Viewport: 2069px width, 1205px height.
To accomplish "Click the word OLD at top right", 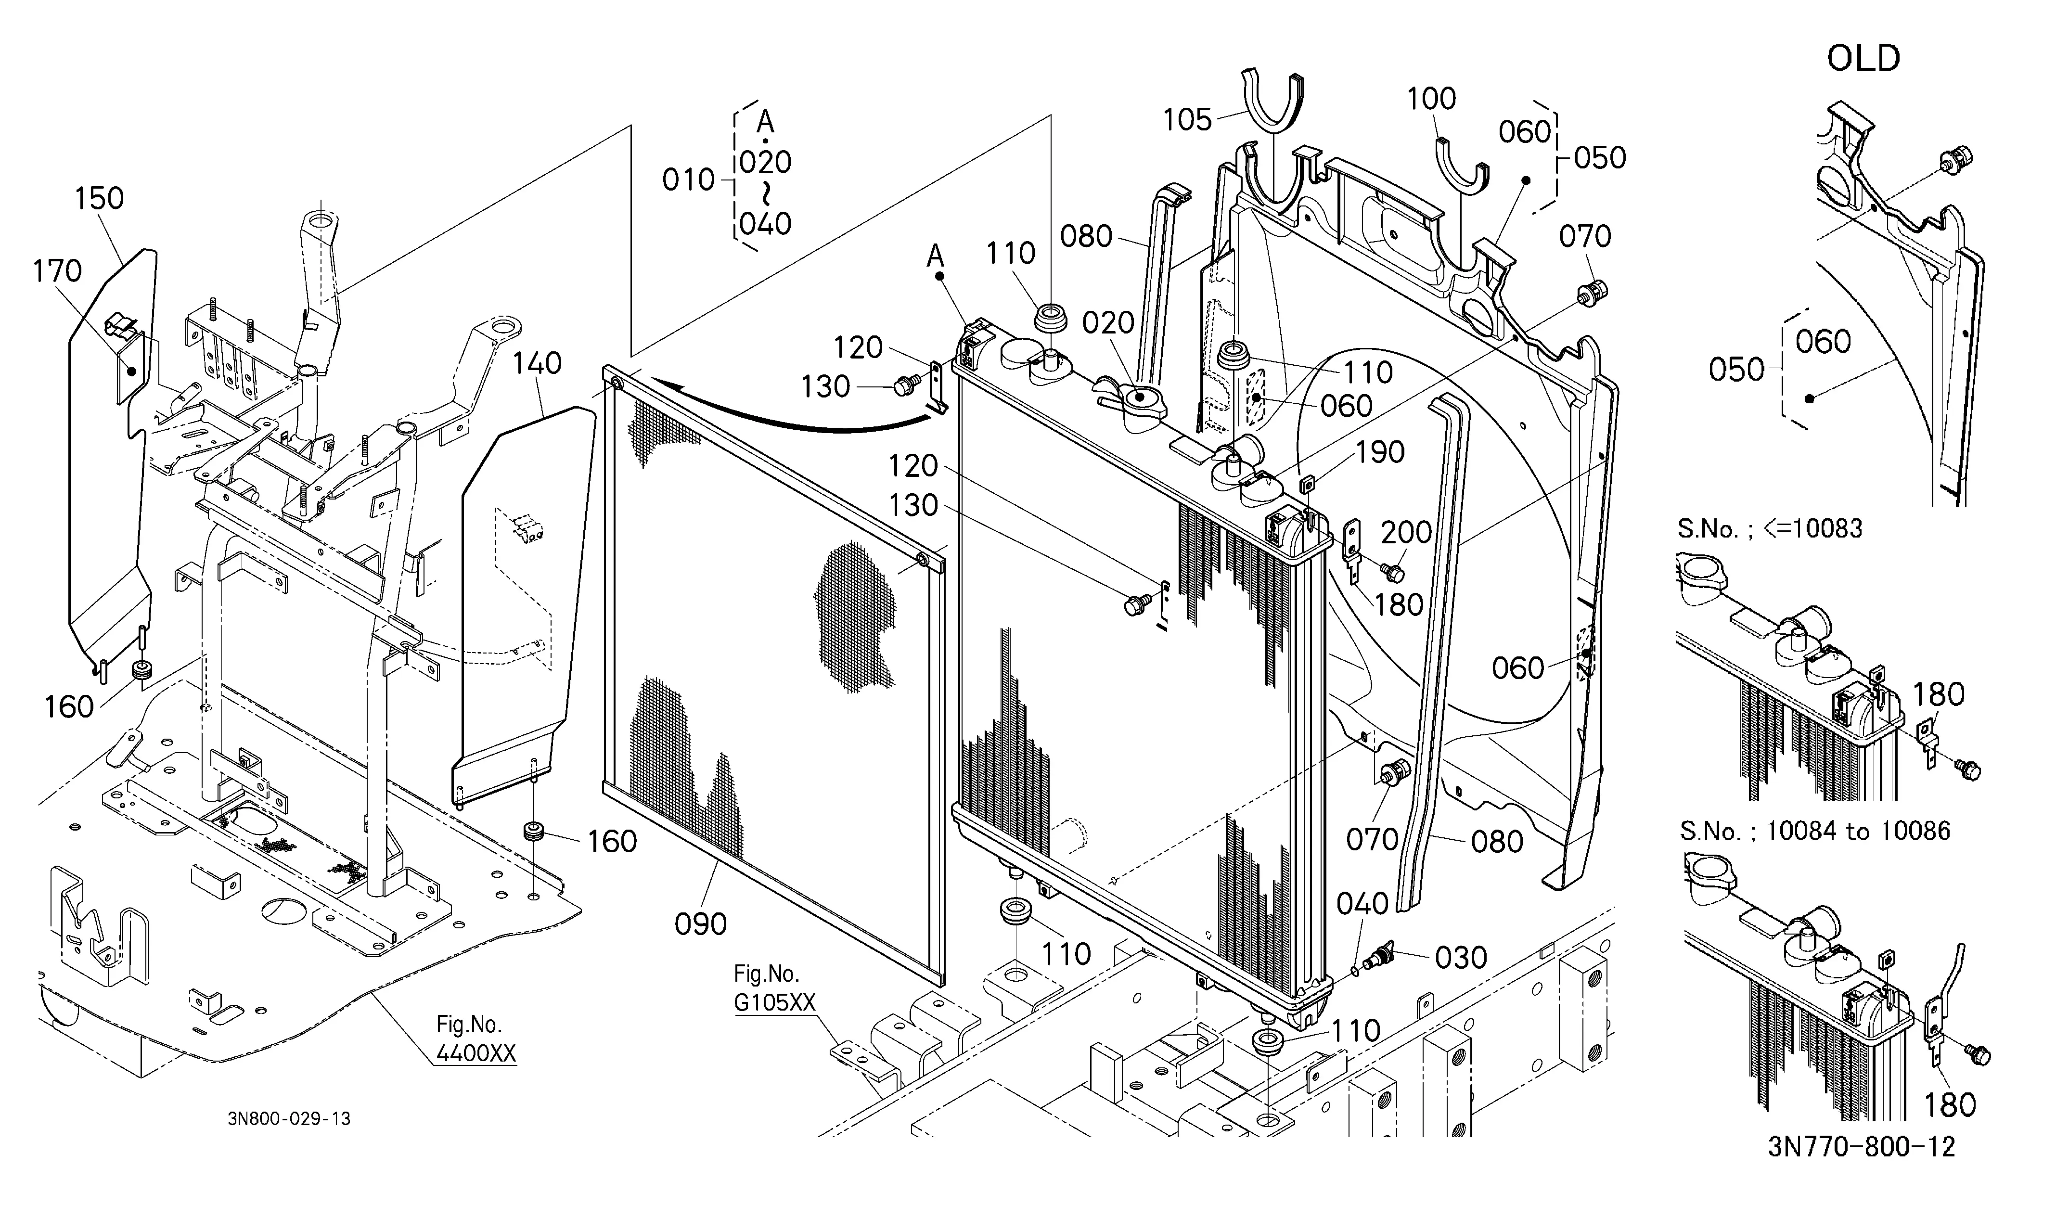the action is pos(1863,58).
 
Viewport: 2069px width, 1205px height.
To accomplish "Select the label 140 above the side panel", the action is pos(537,363).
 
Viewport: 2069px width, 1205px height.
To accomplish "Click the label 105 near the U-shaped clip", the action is pos(1187,120).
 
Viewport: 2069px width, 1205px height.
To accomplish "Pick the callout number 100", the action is pos(1431,99).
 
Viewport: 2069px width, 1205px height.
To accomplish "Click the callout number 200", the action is pos(1406,533).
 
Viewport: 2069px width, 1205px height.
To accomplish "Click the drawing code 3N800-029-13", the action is pos(289,1118).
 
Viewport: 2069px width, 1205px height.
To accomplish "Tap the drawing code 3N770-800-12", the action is pos(1861,1146).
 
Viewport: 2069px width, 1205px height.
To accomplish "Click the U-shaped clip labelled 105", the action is pos(1272,99).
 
